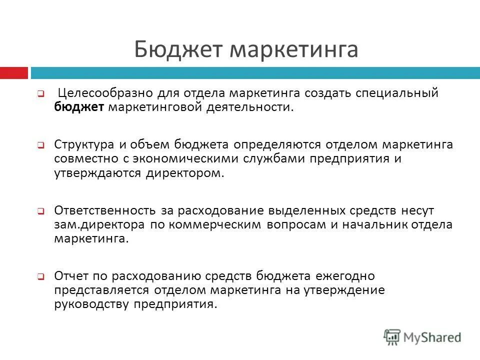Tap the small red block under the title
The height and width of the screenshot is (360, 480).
(14, 73)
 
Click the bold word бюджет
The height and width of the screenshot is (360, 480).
(79, 107)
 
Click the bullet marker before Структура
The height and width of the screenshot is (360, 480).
(41, 145)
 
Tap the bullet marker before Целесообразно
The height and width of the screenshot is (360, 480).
(41, 93)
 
